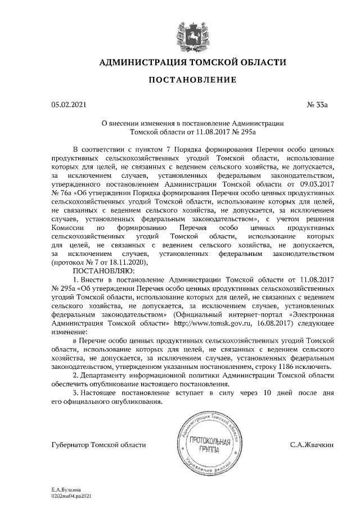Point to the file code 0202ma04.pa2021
click(x=71, y=497)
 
